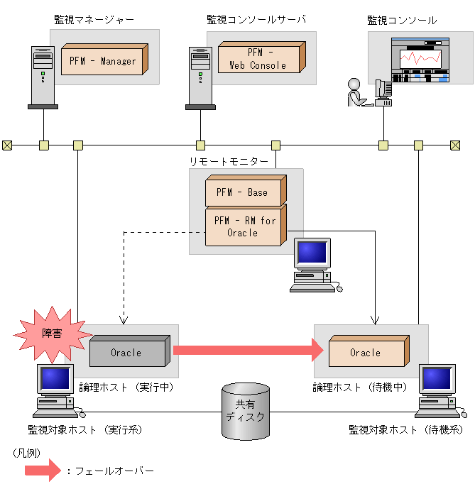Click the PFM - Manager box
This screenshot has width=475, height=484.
[x=104, y=60]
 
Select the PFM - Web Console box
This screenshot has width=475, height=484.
[x=262, y=57]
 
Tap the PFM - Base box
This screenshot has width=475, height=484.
[x=246, y=190]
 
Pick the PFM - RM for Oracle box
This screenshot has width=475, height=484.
[x=246, y=226]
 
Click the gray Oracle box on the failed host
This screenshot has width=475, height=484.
[x=130, y=351]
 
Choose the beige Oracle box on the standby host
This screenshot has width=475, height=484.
[x=369, y=351]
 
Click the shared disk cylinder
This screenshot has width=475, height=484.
[x=246, y=411]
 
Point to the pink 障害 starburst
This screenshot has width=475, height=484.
[x=53, y=334]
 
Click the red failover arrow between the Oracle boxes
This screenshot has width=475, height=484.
[x=249, y=350]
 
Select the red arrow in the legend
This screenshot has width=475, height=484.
[x=43, y=470]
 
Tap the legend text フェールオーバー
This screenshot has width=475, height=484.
[x=114, y=471]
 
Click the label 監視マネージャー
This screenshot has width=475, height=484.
[x=94, y=20]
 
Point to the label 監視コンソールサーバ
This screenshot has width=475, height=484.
[x=256, y=20]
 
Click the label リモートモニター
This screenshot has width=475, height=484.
[x=229, y=161]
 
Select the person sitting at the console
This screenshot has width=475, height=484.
[x=357, y=92]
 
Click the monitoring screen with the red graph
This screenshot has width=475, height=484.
[x=420, y=60]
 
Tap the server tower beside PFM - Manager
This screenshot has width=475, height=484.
[x=43, y=77]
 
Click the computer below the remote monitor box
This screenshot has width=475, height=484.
[x=316, y=265]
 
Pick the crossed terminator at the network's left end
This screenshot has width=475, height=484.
[x=7, y=145]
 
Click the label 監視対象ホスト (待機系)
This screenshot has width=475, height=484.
[x=406, y=429]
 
